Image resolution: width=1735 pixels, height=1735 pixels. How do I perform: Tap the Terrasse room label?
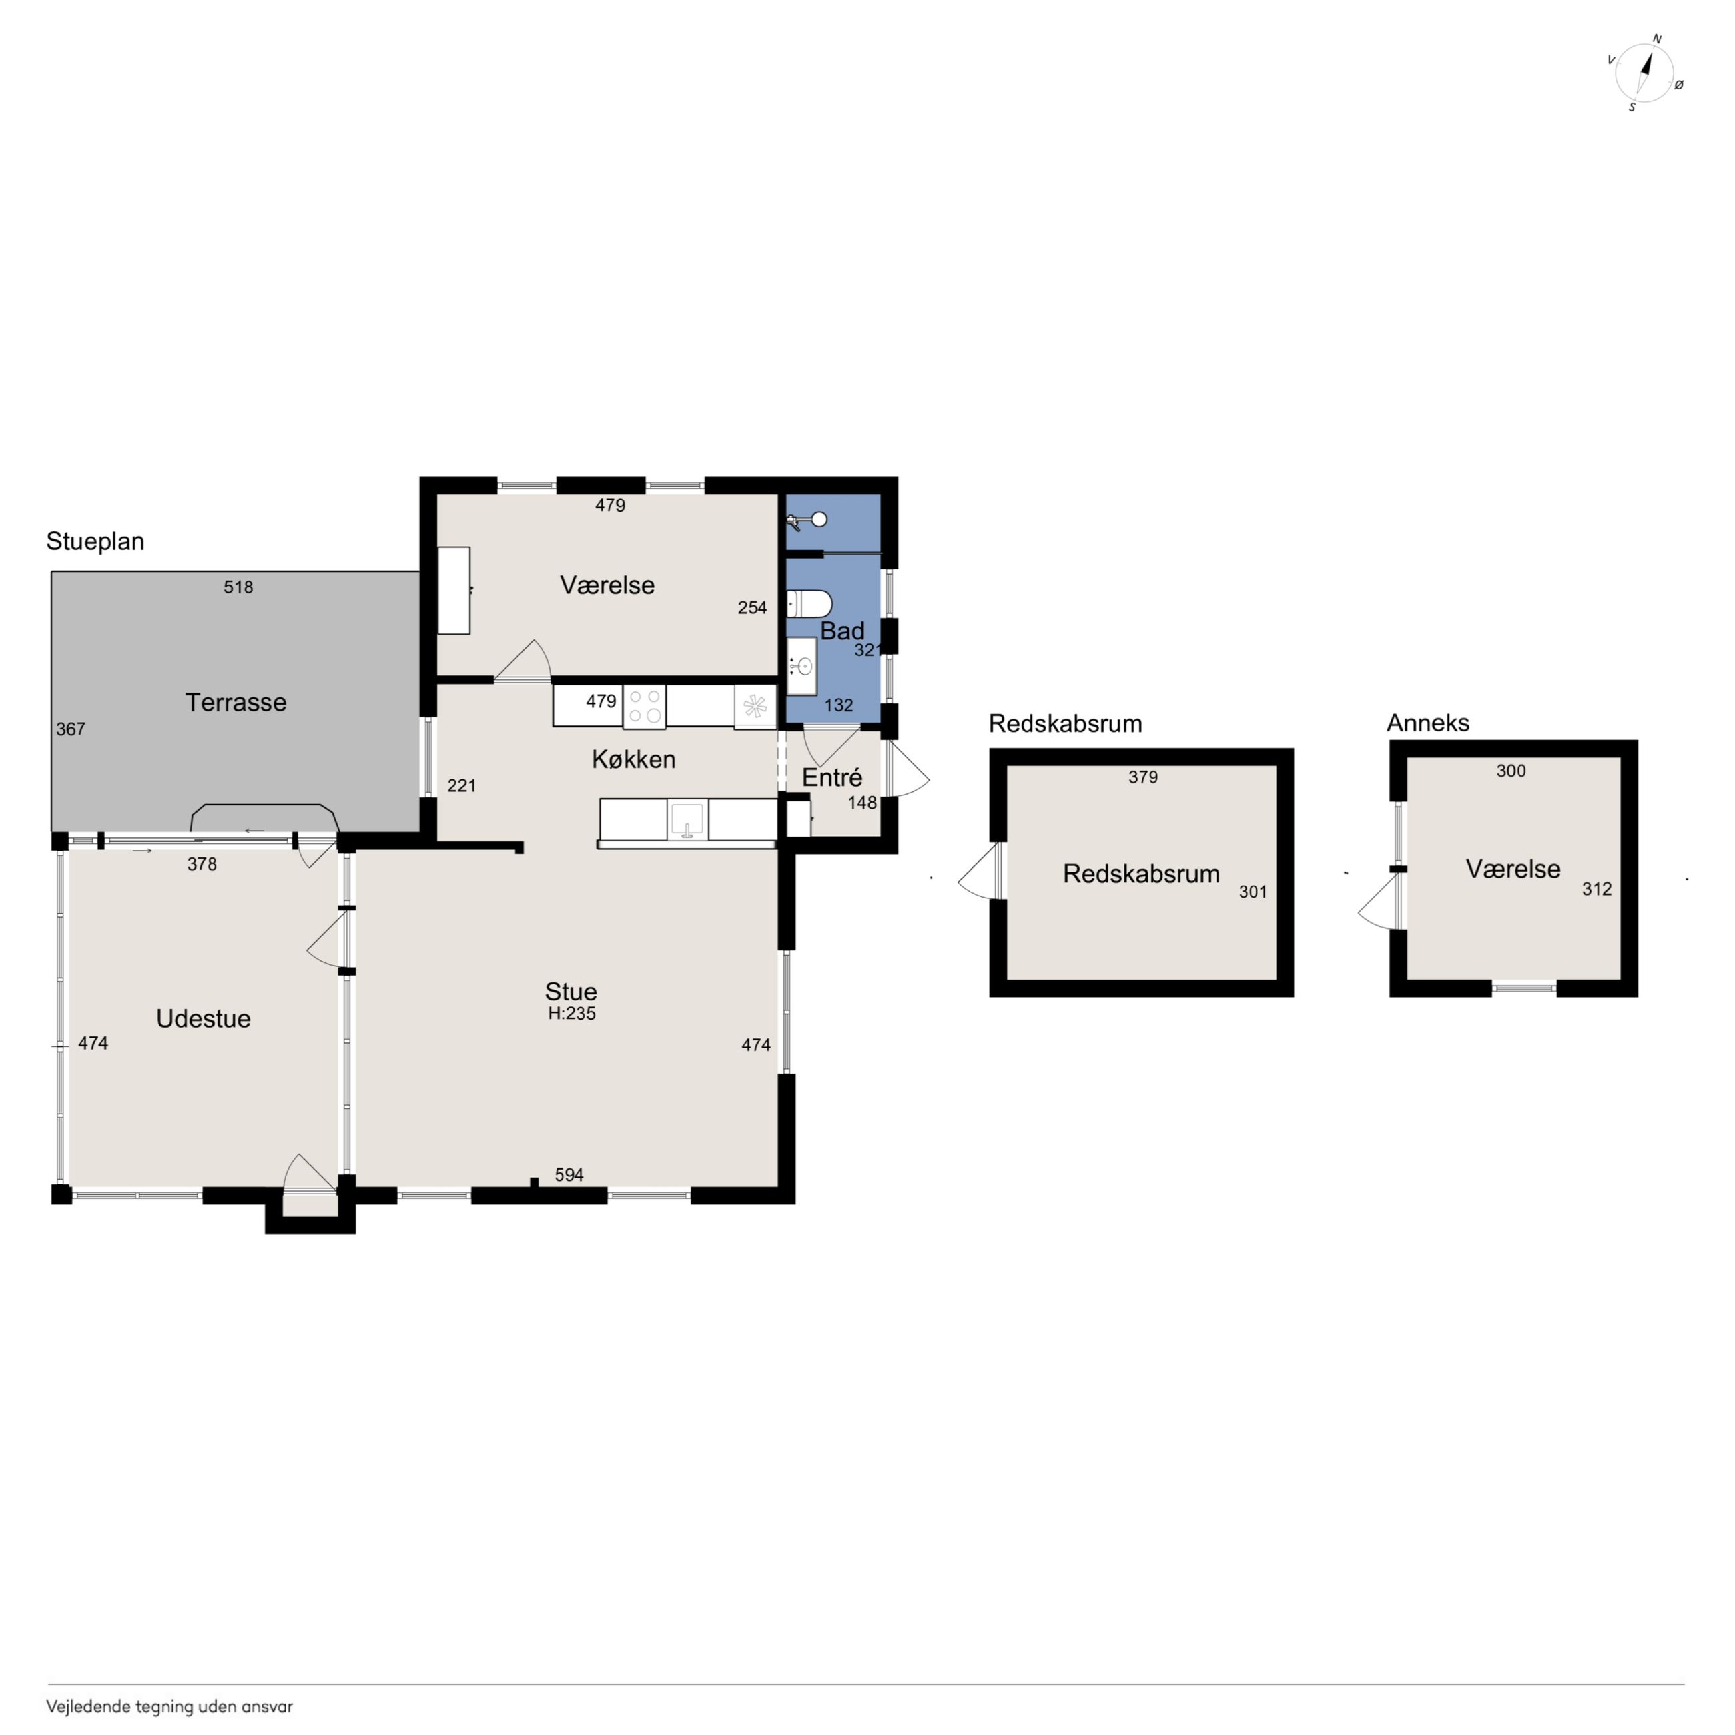236,702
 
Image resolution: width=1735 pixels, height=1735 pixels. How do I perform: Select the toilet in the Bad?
808,603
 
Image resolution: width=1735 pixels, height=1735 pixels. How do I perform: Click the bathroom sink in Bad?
802,667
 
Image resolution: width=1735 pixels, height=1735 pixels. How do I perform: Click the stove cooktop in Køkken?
644,706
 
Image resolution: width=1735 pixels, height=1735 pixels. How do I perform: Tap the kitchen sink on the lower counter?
687,821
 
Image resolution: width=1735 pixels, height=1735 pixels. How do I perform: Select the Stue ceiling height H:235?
572,1013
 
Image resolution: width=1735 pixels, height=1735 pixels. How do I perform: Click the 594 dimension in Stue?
569,1174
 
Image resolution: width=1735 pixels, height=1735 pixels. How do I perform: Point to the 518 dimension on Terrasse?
238,587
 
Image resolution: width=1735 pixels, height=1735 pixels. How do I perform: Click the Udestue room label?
203,1018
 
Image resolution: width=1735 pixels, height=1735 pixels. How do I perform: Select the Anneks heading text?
1428,723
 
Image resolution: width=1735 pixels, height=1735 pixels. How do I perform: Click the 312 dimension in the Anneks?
1597,889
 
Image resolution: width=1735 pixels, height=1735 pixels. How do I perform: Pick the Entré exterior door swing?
908,769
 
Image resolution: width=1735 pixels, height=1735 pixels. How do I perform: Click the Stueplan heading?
95,541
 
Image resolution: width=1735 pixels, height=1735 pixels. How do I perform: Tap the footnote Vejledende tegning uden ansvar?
169,1706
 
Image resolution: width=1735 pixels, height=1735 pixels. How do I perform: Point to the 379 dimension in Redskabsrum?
1143,777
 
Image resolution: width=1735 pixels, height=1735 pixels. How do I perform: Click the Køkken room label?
633,760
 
